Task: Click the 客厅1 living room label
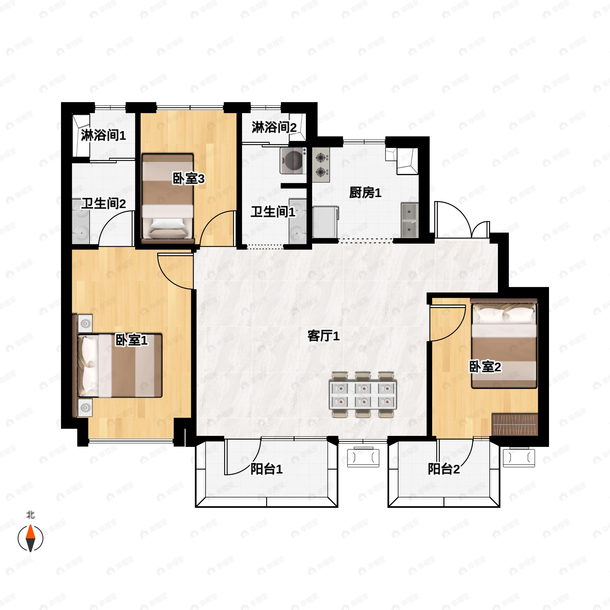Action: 323,336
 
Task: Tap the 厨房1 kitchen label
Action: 365,193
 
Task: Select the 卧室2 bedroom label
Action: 485,367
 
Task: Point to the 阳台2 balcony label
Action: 444,469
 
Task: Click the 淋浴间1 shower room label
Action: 103,135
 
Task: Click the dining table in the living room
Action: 363,395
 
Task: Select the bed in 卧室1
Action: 120,365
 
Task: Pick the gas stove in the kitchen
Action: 321,165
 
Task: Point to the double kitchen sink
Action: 409,220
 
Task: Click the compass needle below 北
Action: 30,538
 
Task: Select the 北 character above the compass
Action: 30,515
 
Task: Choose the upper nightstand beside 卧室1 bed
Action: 85,323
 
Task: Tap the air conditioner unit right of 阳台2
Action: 519,457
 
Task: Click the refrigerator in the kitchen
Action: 325,222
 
